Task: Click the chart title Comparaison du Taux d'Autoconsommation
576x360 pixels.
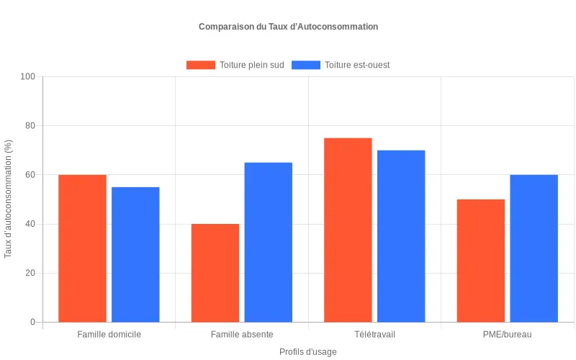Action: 288,27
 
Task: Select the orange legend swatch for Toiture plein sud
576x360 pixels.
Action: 200,65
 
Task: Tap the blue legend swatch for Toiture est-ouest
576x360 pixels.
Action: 305,65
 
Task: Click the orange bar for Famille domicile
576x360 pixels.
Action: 82,248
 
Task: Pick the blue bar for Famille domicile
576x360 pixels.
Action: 135,254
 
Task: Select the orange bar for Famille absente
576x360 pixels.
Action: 215,273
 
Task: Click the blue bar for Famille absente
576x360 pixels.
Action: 269,242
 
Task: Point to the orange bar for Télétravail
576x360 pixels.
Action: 348,230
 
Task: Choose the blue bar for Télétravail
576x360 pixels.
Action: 401,236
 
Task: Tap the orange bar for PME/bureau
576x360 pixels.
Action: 481,261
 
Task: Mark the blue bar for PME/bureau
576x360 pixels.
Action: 534,248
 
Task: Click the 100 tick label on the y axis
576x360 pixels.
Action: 27,76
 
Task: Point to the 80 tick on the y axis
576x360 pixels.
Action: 30,126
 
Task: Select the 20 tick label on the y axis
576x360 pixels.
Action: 30,273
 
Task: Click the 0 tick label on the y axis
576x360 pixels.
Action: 32,322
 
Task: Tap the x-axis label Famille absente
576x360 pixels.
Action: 242,335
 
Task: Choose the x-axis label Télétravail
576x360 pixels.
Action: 374,335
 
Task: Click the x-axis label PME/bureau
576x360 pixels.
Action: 508,335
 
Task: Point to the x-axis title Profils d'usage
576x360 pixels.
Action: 308,352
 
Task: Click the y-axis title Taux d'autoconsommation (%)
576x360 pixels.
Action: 9,199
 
